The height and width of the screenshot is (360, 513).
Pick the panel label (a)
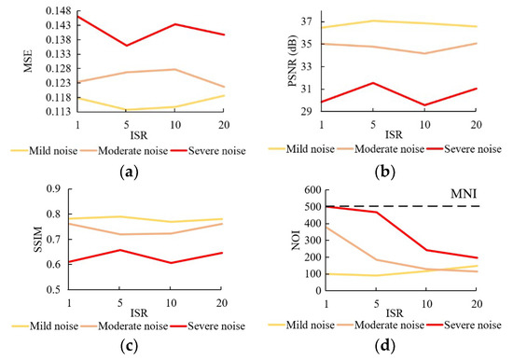130,173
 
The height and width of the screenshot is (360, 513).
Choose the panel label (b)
386,173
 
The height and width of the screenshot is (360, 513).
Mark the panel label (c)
130,348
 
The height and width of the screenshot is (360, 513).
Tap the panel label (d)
386,348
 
